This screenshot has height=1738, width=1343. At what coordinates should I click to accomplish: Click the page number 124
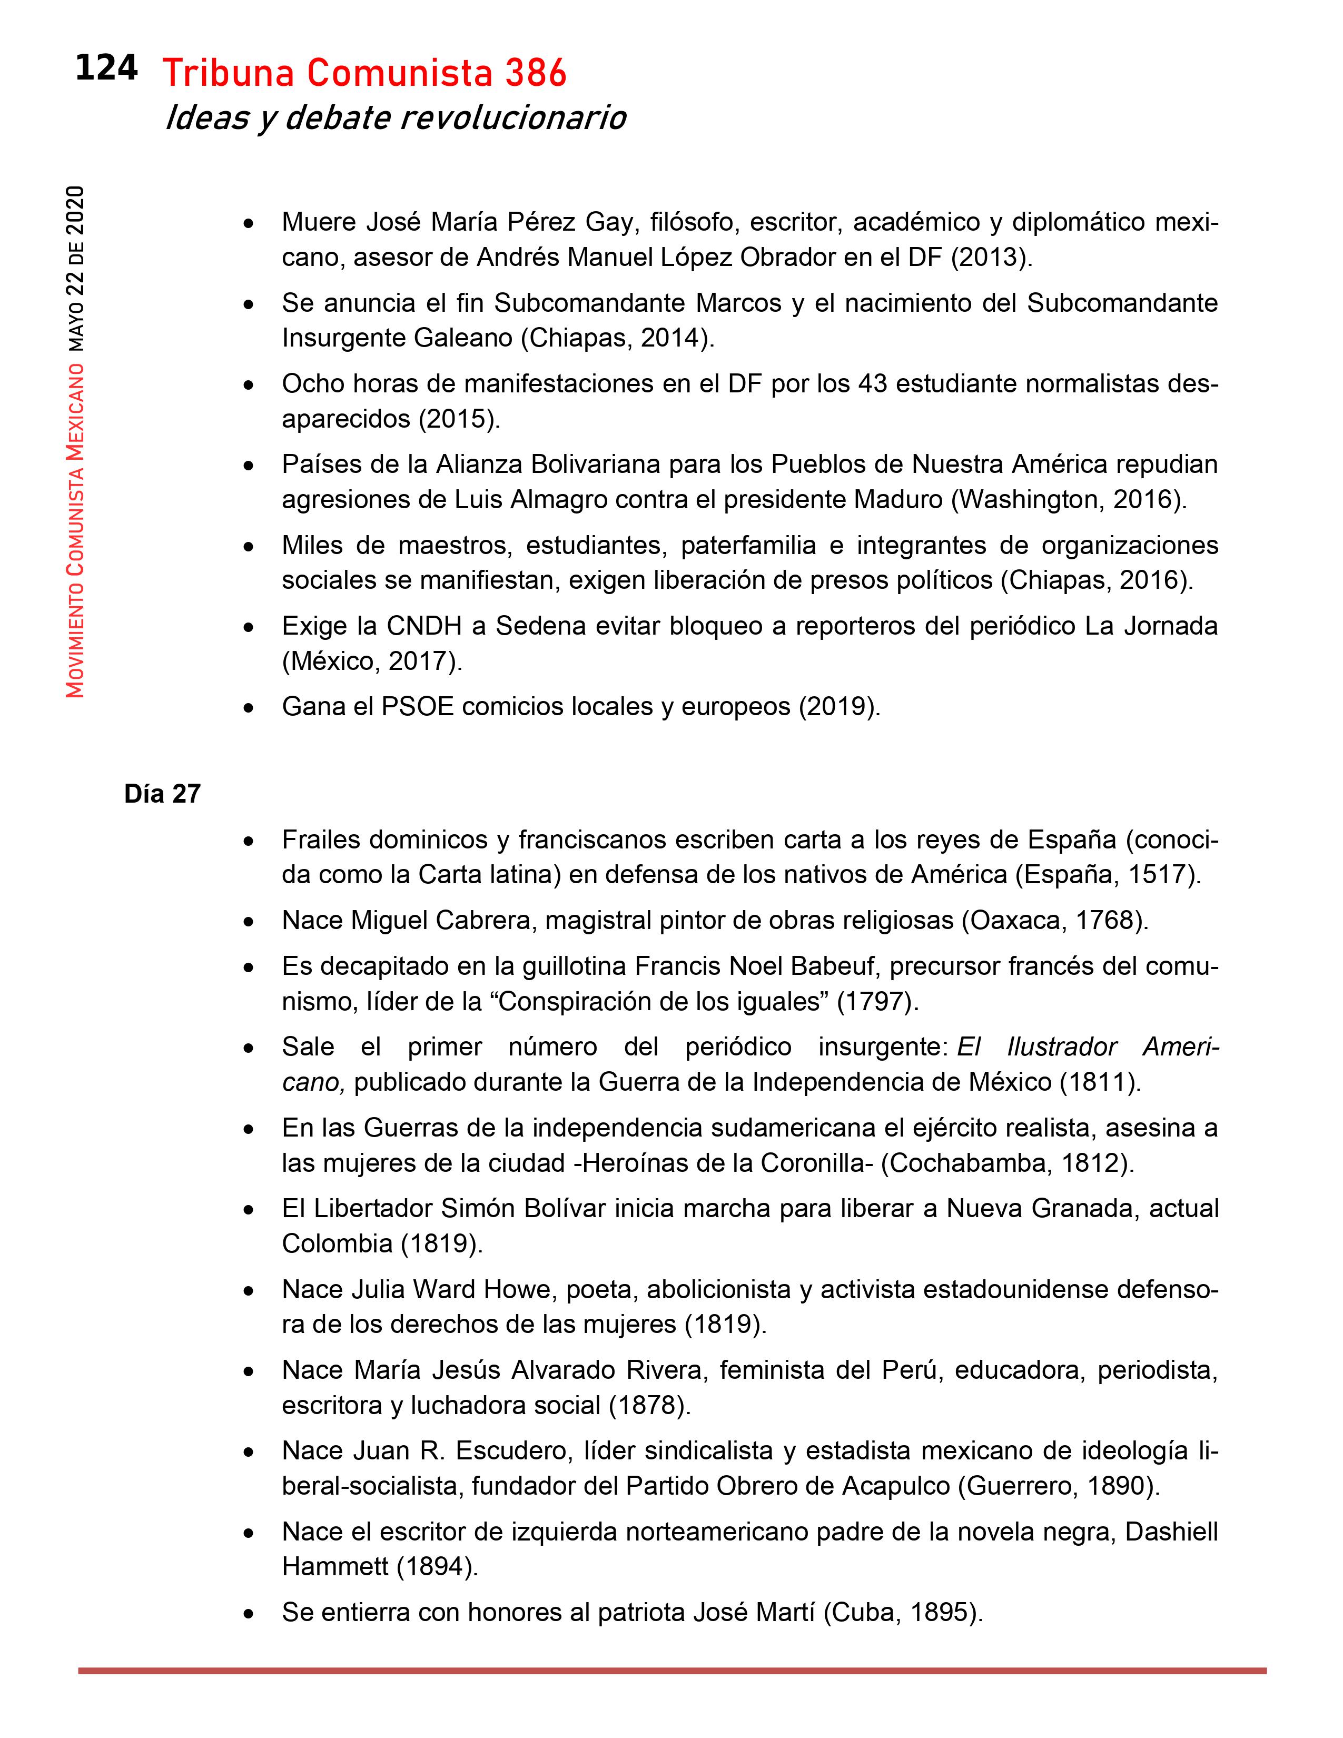pyautogui.click(x=106, y=68)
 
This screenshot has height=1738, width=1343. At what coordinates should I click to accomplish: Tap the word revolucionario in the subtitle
pyautogui.click(x=512, y=118)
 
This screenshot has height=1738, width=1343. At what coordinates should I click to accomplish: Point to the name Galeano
pyautogui.click(x=463, y=338)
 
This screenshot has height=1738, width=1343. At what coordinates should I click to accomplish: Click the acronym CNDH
pyautogui.click(x=424, y=626)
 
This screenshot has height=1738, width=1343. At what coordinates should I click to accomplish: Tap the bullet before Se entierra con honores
pyautogui.click(x=249, y=1614)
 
